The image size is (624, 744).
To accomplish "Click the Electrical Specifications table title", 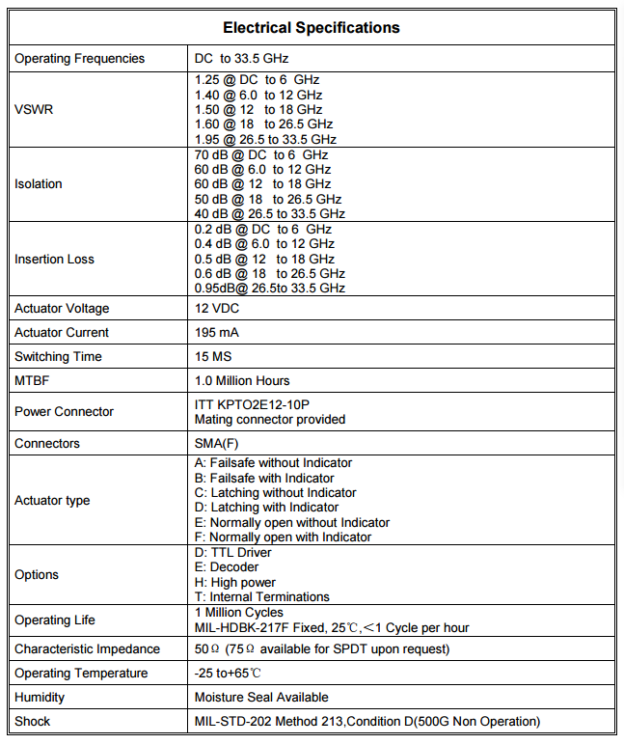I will pos(312,28).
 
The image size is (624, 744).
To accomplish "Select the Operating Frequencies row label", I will pos(80,59).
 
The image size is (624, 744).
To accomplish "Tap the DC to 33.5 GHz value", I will pos(241,59).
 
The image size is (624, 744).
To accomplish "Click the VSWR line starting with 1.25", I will pos(257,80).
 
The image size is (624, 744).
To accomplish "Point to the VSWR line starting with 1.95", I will pos(265,140).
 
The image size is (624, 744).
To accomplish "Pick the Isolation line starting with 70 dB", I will pos(261,154).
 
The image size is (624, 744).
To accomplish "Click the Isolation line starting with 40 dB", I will pos(269,213).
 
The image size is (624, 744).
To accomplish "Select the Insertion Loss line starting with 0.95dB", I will pos(269,289).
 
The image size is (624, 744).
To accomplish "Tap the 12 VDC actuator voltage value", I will pos(217,309).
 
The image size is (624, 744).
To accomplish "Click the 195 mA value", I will pos(217,333).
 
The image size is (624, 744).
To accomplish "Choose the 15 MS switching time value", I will pos(215,357).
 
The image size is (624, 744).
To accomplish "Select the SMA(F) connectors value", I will pos(217,444).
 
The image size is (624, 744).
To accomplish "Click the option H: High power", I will pos(235,583).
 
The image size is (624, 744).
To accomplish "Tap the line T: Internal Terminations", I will pos(262,597).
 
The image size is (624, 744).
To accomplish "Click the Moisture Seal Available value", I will pos(261,698).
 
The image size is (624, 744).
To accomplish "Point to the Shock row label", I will pos(33,722).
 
